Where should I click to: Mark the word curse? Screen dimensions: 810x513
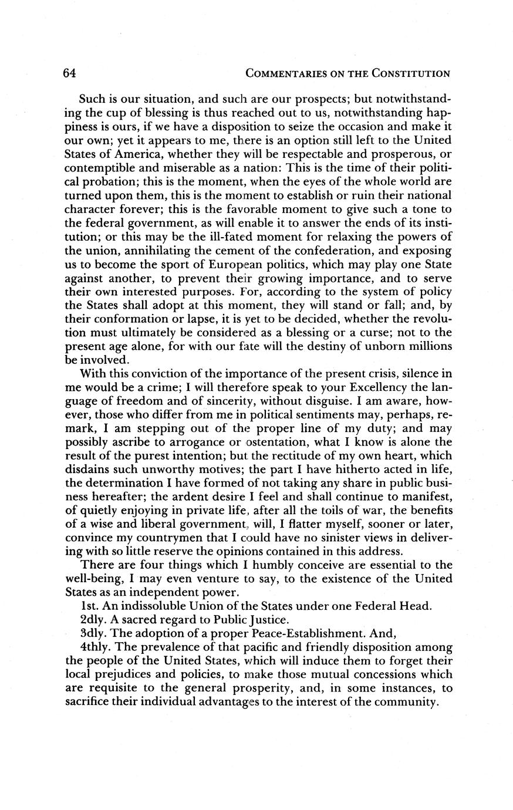pos(370,332)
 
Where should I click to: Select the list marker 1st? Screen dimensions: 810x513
pos(89,606)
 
